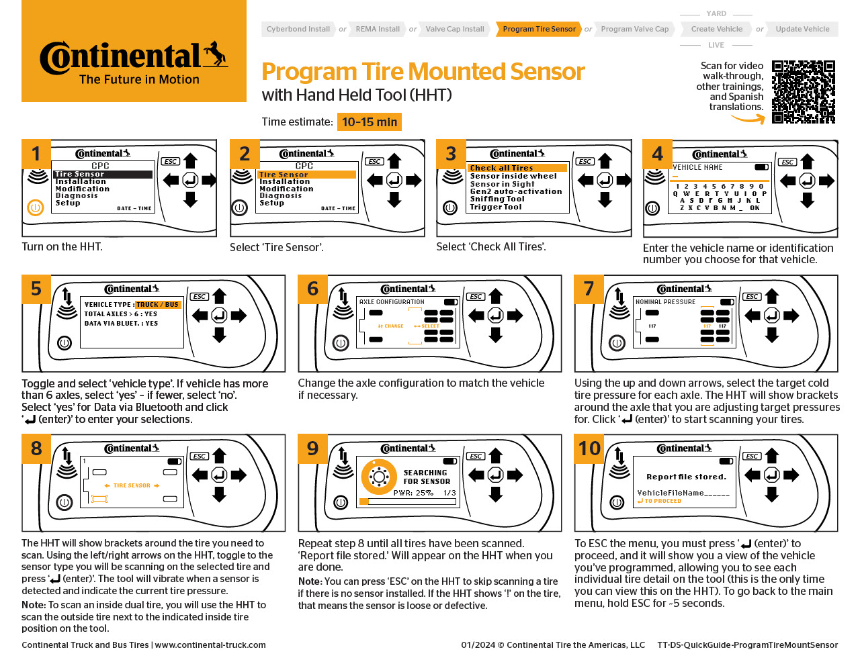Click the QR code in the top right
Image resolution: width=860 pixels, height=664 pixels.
(x=803, y=92)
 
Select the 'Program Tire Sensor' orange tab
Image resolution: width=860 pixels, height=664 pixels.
(x=539, y=29)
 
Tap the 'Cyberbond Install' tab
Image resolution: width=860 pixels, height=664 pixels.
(x=298, y=29)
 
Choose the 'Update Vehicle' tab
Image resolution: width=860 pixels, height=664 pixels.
(x=802, y=29)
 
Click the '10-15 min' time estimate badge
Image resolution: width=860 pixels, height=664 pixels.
(x=369, y=122)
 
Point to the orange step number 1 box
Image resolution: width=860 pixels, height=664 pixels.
(x=36, y=154)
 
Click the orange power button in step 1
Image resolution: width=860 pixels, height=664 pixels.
(x=35, y=208)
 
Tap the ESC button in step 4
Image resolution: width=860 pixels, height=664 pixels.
(x=787, y=162)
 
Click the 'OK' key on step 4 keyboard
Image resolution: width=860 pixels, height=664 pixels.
(x=755, y=208)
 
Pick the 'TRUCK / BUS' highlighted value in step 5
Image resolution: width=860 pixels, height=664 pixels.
(x=157, y=305)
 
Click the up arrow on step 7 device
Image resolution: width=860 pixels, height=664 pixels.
(x=772, y=296)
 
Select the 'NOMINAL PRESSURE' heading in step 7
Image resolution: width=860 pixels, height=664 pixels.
(x=665, y=302)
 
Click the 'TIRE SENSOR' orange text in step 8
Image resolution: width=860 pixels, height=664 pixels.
(x=132, y=485)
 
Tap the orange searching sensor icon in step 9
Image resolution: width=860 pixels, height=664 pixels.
(x=378, y=477)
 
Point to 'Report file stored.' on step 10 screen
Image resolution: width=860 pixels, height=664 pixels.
(x=686, y=477)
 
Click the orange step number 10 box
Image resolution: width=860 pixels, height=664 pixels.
(x=589, y=448)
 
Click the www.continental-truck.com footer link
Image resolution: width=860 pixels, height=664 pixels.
(x=210, y=645)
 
